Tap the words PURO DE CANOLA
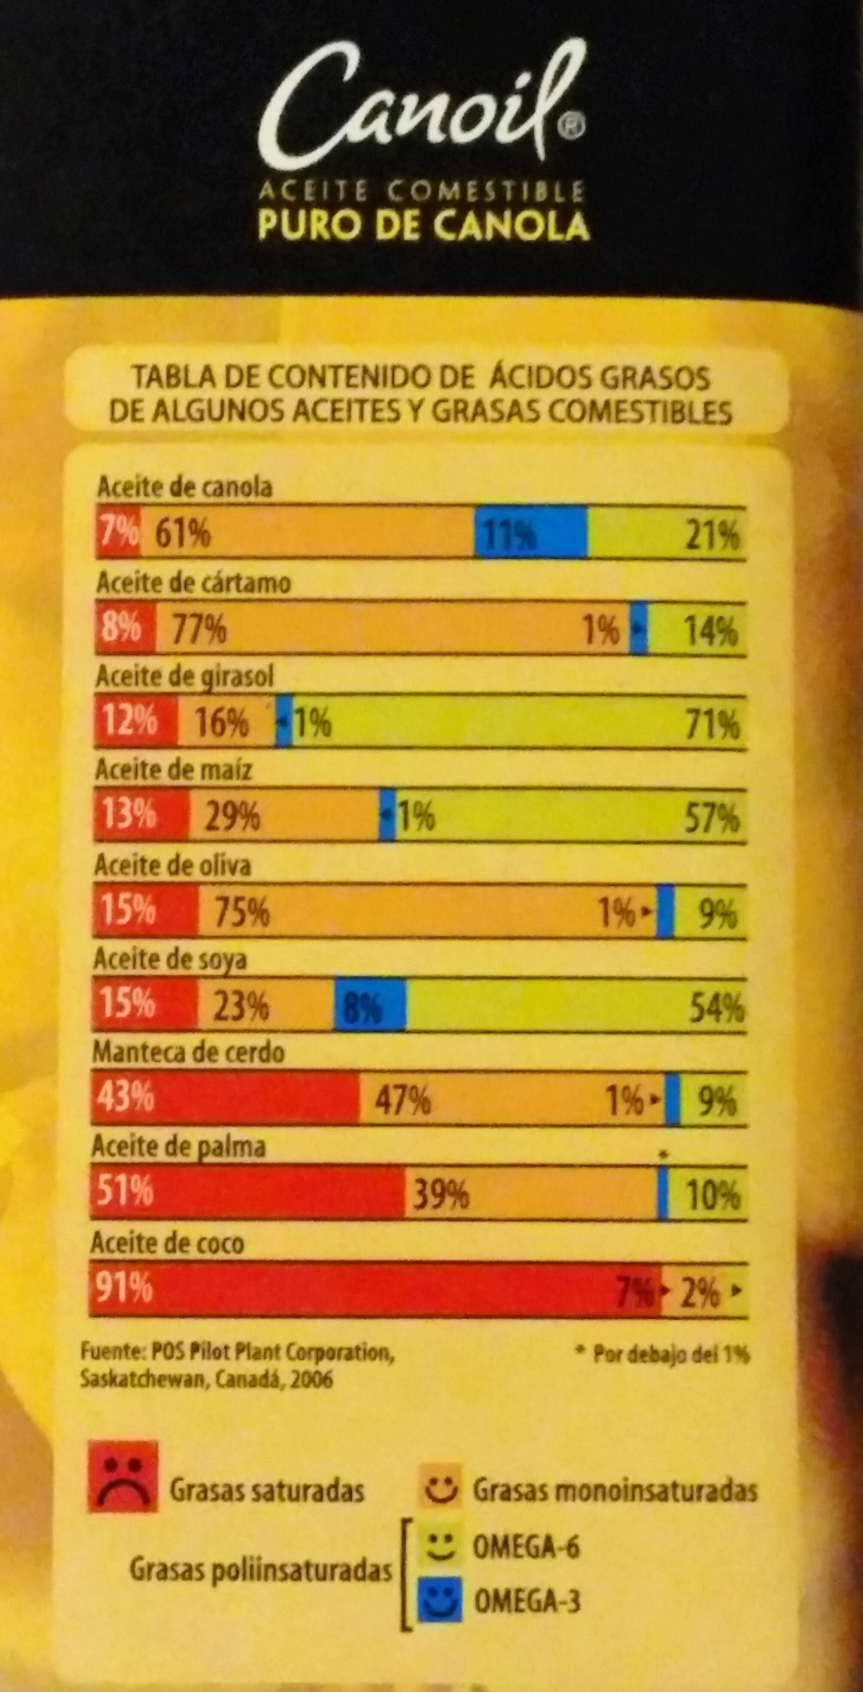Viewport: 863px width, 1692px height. (x=423, y=225)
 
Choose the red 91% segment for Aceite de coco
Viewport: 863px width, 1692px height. (x=374, y=1289)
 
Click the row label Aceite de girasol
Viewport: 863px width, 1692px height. (x=184, y=677)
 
